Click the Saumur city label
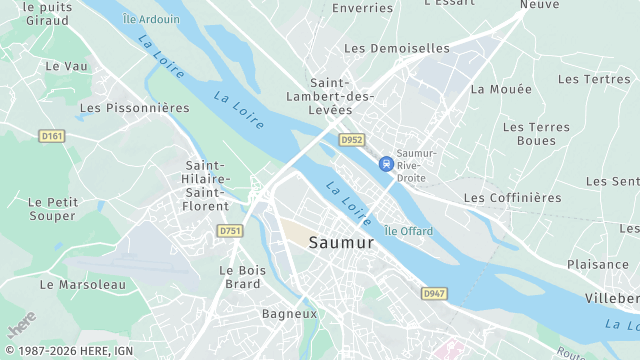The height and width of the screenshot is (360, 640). pos(342,242)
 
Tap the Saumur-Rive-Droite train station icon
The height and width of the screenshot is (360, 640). pos(385,163)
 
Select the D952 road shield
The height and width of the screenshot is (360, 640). pos(351,140)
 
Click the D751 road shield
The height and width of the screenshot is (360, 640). pos(230,231)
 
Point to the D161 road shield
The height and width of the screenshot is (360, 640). pos(52,135)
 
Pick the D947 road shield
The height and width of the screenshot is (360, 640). pos(433,293)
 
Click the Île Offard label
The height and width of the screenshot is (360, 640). pos(408,232)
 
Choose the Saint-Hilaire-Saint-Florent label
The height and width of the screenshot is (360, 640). pos(208,186)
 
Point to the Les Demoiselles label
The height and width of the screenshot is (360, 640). pos(397,47)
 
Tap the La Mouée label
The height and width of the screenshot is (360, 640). pos(492,88)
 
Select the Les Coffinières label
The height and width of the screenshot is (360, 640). pos(513,198)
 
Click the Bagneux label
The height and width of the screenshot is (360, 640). pos(289,313)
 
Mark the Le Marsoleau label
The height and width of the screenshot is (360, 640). pos(83,284)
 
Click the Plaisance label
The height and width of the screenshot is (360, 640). pos(598,264)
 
